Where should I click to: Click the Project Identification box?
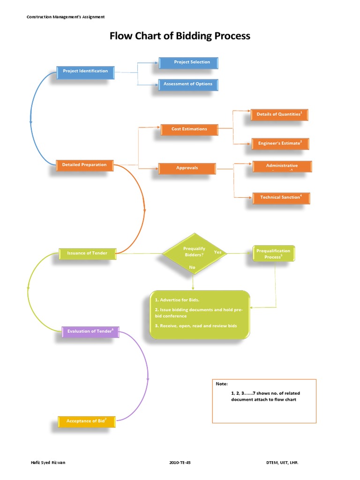pos(85,71)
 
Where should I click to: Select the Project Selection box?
pos(188,62)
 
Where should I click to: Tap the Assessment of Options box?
pos(188,84)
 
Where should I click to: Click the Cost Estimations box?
pos(189,129)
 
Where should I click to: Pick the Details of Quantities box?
pos(279,114)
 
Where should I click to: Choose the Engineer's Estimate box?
pos(280,143)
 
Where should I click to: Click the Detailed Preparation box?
pos(84,165)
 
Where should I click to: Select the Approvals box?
pos(187,168)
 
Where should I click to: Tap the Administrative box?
pos(281,166)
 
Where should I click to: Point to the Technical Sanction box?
pos(281,198)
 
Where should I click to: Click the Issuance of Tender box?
pos(87,253)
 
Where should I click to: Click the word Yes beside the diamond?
pos(217,252)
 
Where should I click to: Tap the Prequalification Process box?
pos(274,254)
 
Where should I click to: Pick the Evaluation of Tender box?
pos(90,331)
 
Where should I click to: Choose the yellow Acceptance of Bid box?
pos(86,421)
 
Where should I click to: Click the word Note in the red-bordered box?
pos(221,384)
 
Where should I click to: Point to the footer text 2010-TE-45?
pos(180,463)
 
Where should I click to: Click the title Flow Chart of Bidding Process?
pos(180,36)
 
